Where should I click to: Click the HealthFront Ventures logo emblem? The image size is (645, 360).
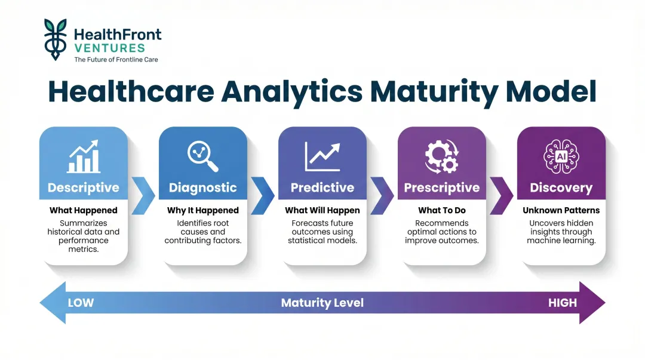[56, 39]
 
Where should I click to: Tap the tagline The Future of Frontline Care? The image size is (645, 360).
[116, 60]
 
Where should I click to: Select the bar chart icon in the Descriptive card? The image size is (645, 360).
[84, 156]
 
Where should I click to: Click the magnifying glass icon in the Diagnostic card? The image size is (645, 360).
[203, 156]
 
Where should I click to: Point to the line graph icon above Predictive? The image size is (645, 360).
[322, 156]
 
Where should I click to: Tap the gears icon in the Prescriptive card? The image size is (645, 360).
[442, 156]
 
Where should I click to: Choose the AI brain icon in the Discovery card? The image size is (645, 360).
[561, 156]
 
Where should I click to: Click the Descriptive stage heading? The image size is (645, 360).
[84, 187]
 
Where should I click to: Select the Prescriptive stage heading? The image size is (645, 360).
[442, 187]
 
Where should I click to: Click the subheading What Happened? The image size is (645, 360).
[84, 210]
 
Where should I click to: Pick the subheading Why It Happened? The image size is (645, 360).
[203, 210]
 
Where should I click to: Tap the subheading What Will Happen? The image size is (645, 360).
[322, 210]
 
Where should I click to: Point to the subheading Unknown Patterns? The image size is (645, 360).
[561, 210]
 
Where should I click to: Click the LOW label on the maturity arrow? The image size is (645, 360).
[81, 303]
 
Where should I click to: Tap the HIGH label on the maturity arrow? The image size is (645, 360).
[563, 303]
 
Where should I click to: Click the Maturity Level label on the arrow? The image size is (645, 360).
[322, 303]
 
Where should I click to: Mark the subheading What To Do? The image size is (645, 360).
[442, 210]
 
